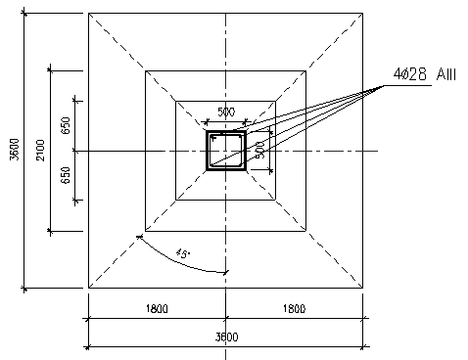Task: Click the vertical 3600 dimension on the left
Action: click(15, 150)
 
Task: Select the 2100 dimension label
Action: click(40, 150)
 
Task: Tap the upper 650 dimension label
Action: click(66, 125)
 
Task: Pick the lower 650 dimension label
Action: click(66, 175)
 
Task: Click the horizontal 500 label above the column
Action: click(226, 112)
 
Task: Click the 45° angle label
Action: click(183, 253)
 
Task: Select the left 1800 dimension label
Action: click(157, 308)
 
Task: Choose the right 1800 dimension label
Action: click(294, 308)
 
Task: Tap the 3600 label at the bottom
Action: click(226, 337)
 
